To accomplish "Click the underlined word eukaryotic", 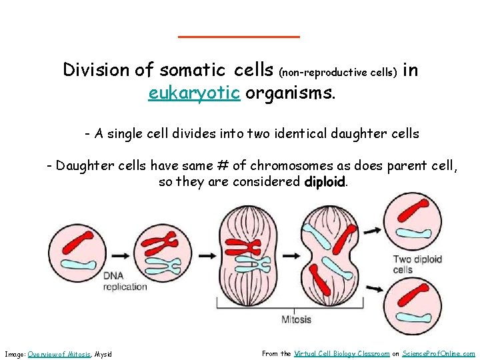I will pyautogui.click(x=194, y=93).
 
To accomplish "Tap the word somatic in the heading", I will pyautogui.click(x=194, y=69).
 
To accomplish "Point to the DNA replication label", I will pyautogui.click(x=125, y=281).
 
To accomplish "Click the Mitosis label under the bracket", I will pyautogui.click(x=295, y=319).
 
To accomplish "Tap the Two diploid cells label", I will pyautogui.click(x=417, y=265).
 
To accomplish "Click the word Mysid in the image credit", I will pyautogui.click(x=103, y=354).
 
